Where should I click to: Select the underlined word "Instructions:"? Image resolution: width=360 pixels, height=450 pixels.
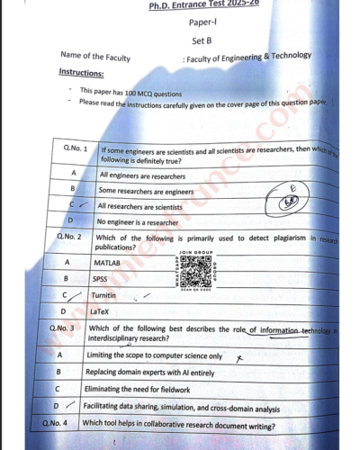point(81,72)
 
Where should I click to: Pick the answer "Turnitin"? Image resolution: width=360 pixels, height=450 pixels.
point(103,295)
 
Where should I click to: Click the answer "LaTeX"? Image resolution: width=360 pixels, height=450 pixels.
point(100,311)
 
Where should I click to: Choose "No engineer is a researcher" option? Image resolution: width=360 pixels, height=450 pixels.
point(139,220)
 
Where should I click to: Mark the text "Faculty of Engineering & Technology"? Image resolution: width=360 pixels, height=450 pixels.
point(248,57)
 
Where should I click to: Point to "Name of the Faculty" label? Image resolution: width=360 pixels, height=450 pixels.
point(94,58)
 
